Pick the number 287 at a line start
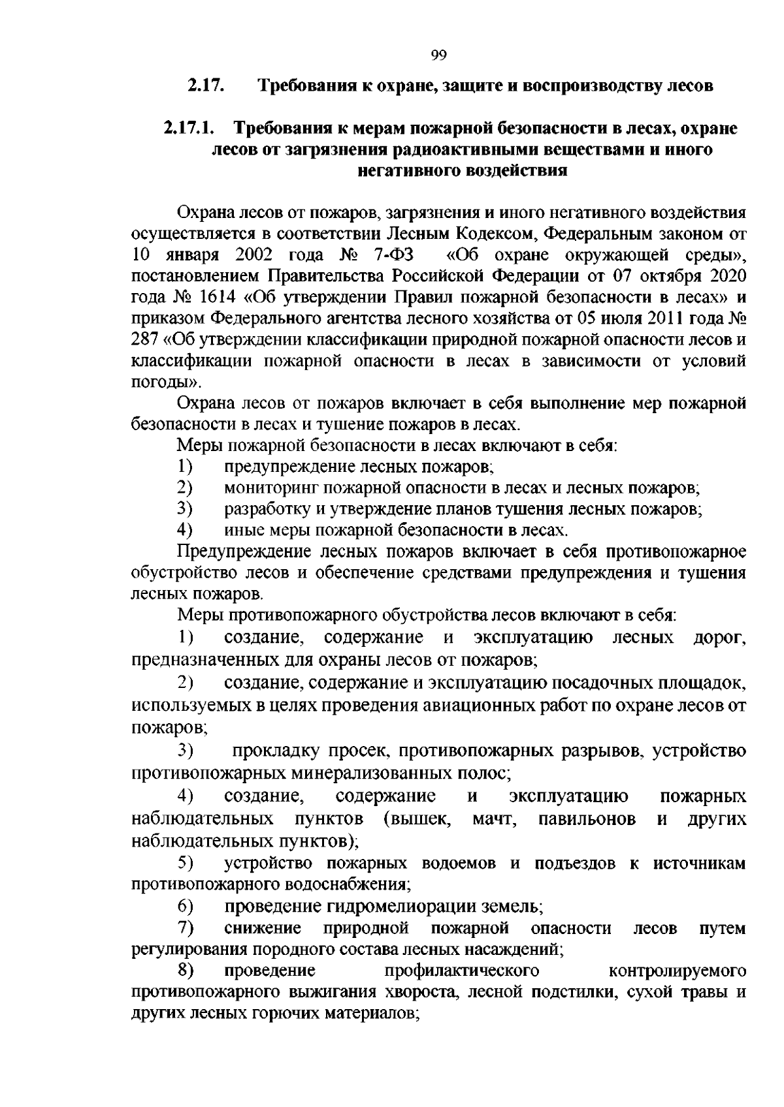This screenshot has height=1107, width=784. click(145, 339)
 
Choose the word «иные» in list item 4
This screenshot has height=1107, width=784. click(241, 530)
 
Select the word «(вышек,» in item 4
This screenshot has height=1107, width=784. click(418, 819)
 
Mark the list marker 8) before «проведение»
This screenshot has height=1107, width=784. click(186, 971)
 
